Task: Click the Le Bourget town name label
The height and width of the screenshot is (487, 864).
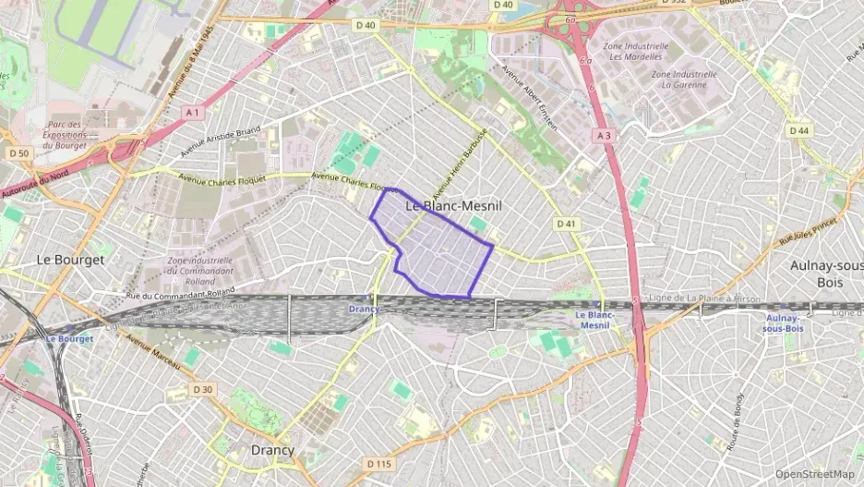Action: [70, 260]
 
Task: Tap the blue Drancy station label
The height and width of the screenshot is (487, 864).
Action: [364, 309]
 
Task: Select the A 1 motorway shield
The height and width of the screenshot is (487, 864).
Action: [192, 112]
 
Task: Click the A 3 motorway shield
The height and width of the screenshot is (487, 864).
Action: [604, 135]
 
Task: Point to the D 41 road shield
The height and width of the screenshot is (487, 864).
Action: [566, 224]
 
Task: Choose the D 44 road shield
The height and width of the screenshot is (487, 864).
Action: [799, 130]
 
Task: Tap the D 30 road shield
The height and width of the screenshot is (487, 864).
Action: [203, 389]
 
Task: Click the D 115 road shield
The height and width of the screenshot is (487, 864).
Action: [378, 463]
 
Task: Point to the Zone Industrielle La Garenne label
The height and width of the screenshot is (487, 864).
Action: [684, 79]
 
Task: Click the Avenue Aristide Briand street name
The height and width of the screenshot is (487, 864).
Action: [221, 141]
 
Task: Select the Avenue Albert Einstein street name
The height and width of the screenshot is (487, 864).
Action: [530, 97]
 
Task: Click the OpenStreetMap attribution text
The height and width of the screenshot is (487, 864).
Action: [814, 474]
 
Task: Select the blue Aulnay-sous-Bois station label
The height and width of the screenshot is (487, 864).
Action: [782, 323]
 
